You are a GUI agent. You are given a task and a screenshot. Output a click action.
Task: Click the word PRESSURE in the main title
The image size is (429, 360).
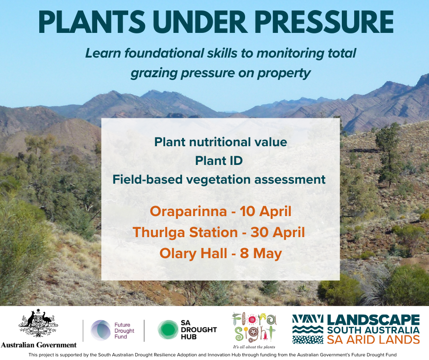click(x=324, y=22)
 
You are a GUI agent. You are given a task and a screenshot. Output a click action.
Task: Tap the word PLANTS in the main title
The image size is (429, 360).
click(x=92, y=22)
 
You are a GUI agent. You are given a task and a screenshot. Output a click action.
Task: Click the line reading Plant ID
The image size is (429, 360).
click(x=219, y=161)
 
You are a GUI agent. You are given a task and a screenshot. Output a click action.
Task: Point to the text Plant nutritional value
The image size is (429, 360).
click(x=220, y=142)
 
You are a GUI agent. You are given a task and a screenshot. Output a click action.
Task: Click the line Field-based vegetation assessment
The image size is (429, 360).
click(x=219, y=180)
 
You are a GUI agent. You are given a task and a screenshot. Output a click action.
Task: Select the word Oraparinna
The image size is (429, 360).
click(x=188, y=212)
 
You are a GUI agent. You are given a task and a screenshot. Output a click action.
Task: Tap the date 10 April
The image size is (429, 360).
click(x=266, y=212)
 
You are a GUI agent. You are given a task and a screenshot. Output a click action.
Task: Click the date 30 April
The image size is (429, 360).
click(x=277, y=233)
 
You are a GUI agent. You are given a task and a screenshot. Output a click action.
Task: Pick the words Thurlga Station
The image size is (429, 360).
click(x=185, y=233)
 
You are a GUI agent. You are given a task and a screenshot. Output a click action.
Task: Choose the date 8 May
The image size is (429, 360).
click(x=261, y=254)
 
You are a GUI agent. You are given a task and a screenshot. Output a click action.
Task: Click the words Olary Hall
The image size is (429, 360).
click(x=194, y=254)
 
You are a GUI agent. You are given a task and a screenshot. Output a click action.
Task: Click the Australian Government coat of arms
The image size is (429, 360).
click(x=38, y=323)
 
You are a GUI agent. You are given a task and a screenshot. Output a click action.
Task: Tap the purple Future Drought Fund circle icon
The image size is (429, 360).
click(x=101, y=330)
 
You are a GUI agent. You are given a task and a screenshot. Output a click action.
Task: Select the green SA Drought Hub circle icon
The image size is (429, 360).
click(x=167, y=330)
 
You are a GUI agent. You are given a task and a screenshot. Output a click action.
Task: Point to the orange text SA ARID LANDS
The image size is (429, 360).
click(x=373, y=340)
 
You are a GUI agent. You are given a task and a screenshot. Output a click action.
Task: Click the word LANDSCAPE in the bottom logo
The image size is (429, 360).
click(x=373, y=320)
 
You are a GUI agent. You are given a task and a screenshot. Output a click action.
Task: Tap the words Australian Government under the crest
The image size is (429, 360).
click(x=39, y=345)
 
